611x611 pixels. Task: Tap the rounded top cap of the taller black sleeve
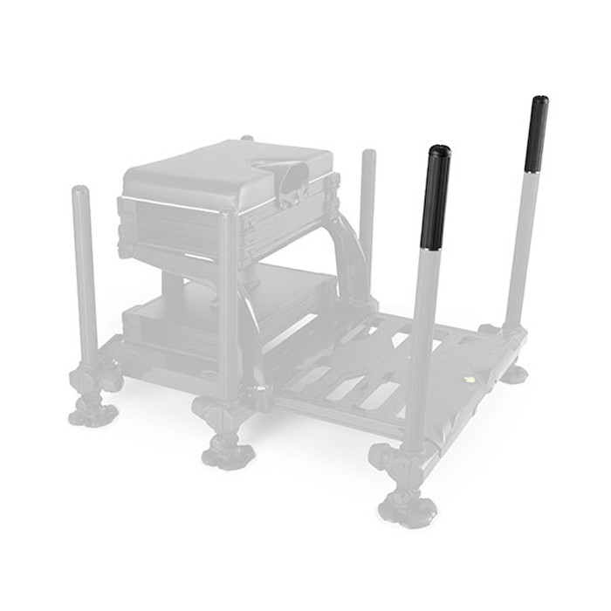tap(540, 100)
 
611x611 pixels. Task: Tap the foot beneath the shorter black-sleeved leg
tap(407, 506)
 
